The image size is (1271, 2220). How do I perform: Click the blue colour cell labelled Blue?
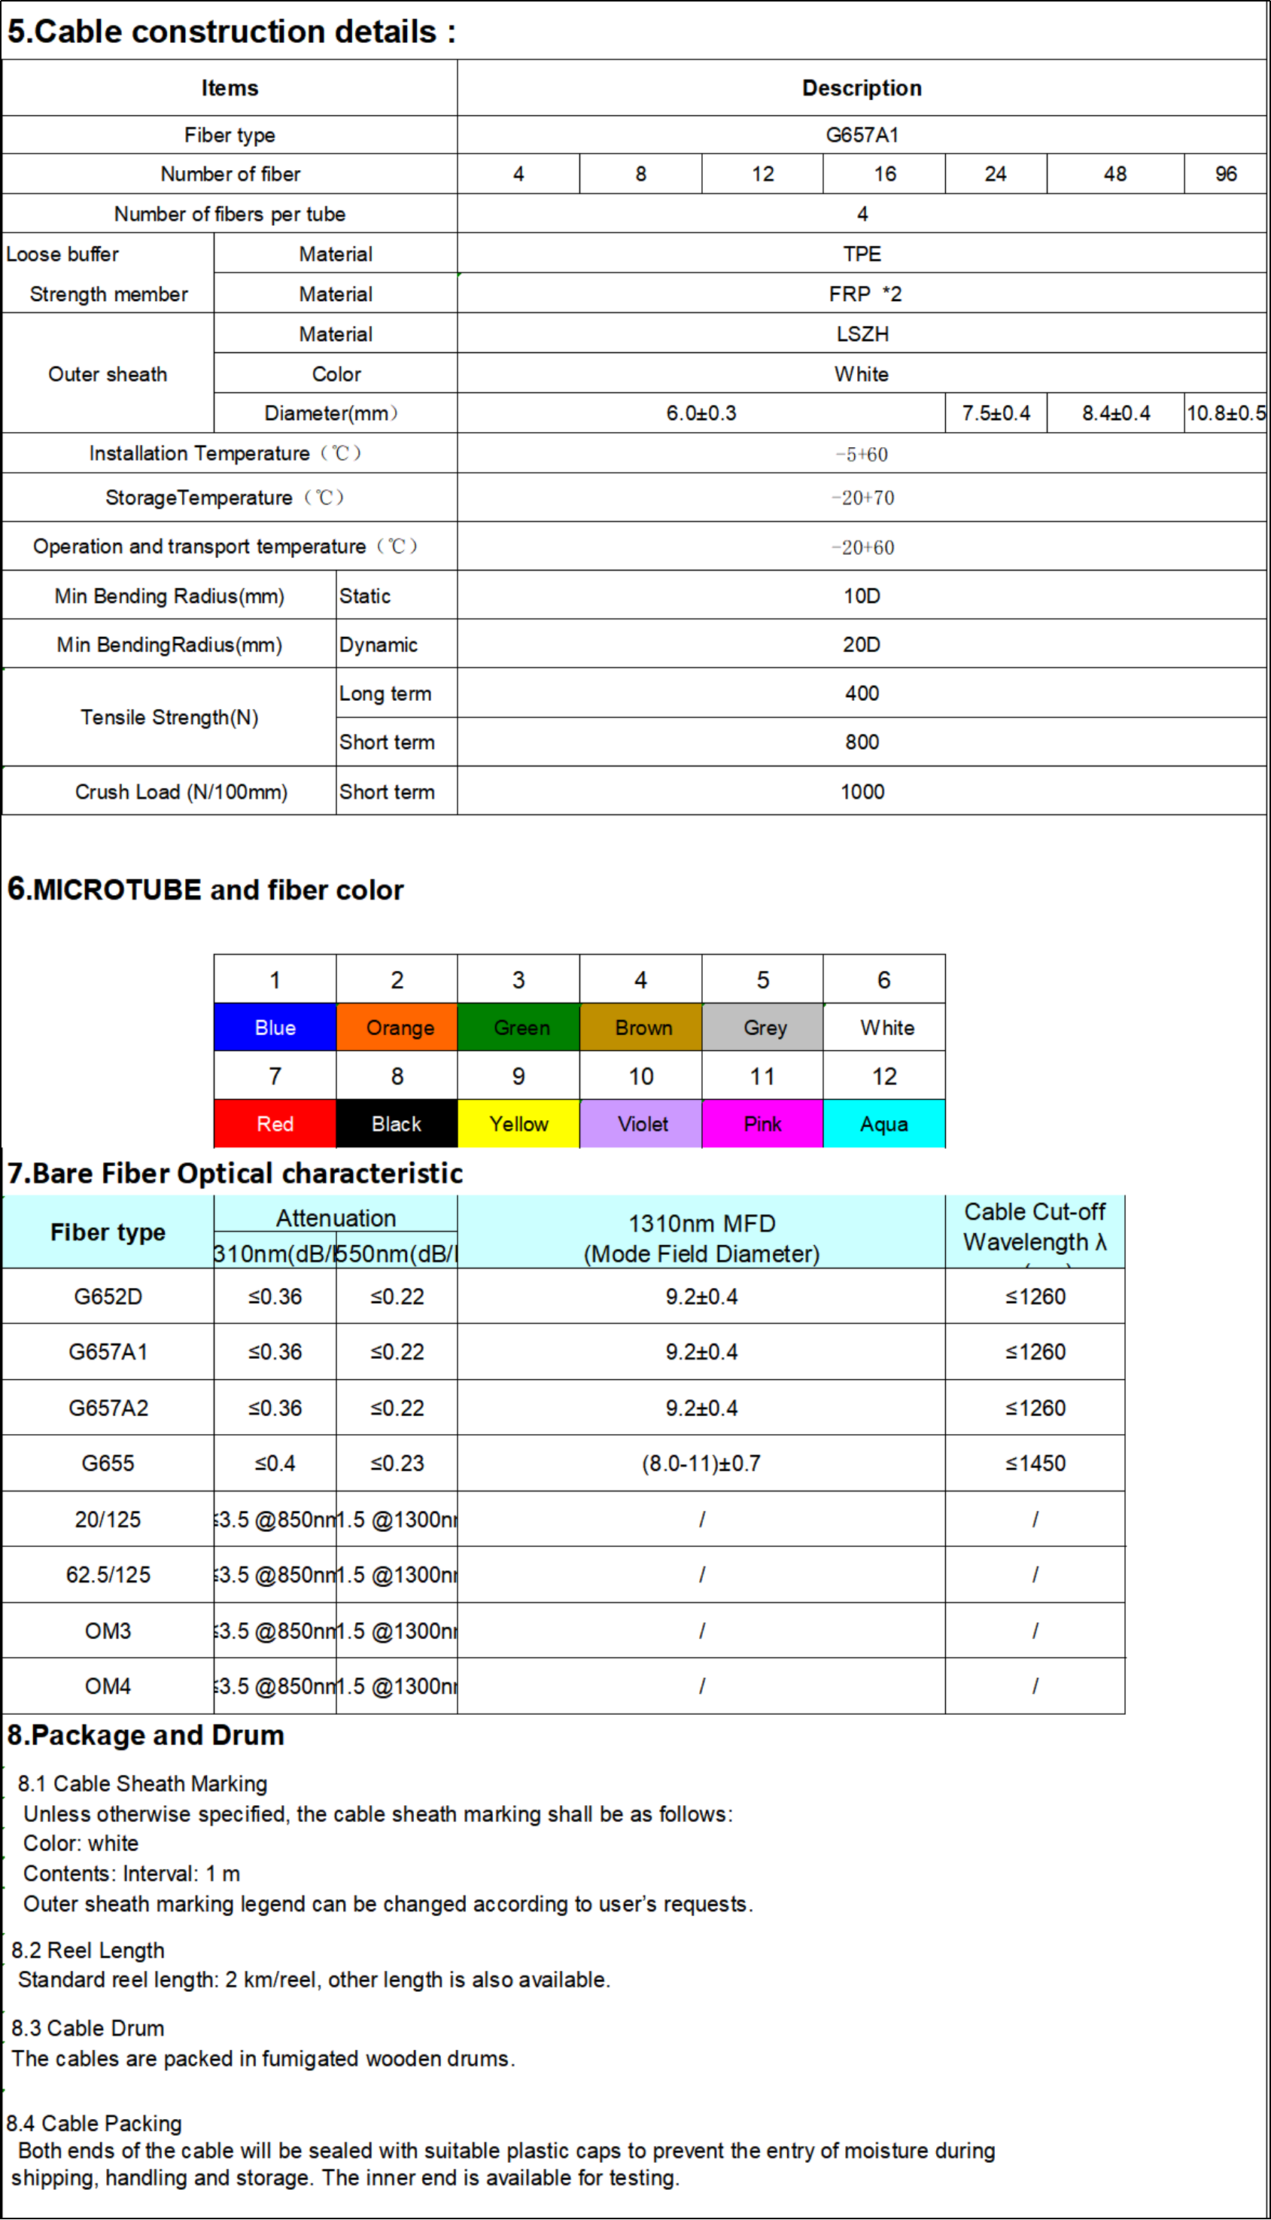click(275, 1028)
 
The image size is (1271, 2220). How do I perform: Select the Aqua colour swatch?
click(883, 1123)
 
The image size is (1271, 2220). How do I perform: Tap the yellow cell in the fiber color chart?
click(518, 1123)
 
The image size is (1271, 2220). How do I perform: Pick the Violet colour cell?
click(642, 1123)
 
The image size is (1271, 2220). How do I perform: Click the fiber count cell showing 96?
click(1226, 174)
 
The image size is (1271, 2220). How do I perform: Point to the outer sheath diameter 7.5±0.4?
click(996, 413)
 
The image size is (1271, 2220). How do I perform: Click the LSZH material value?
click(862, 333)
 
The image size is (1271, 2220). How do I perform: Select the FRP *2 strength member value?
click(864, 294)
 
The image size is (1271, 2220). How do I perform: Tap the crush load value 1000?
click(862, 792)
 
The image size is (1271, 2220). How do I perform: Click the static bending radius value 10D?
click(862, 595)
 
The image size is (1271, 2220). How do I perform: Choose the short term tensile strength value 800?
click(862, 742)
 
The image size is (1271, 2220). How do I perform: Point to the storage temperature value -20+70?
click(862, 498)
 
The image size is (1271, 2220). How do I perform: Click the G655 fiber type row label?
click(108, 1463)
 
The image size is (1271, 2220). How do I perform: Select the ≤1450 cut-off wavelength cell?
click(1035, 1463)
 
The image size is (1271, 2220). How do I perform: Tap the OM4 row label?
click(108, 1686)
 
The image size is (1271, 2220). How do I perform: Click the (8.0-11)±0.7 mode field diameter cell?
click(701, 1463)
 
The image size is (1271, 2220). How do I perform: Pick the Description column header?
click(862, 88)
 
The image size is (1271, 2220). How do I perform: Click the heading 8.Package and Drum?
click(146, 1734)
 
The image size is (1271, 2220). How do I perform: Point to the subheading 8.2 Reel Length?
click(88, 1950)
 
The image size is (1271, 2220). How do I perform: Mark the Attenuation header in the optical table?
click(336, 1218)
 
